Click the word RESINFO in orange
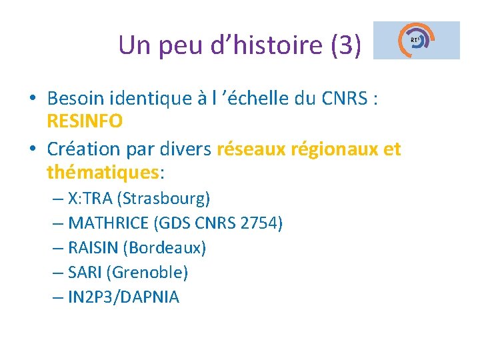coord(85,121)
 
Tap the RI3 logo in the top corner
coord(417,40)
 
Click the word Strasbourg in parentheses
coord(171,199)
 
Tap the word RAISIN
coord(93,248)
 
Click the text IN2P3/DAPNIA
coord(123,297)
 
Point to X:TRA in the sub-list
coord(90,199)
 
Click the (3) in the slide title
coord(345,45)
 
